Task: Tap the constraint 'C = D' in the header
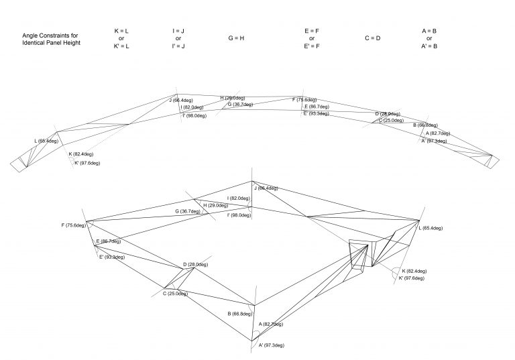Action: point(372,38)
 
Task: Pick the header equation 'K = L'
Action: point(121,31)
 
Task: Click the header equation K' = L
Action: point(121,46)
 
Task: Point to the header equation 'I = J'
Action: point(178,31)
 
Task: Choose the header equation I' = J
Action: point(178,46)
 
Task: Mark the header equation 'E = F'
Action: point(312,31)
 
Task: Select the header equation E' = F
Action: point(312,46)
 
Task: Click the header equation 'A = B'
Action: point(429,31)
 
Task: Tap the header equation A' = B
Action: point(429,46)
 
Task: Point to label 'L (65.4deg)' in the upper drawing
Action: point(46,141)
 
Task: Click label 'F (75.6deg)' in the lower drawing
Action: point(73,225)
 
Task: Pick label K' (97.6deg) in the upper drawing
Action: point(87,163)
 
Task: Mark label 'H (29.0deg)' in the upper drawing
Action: point(233,99)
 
